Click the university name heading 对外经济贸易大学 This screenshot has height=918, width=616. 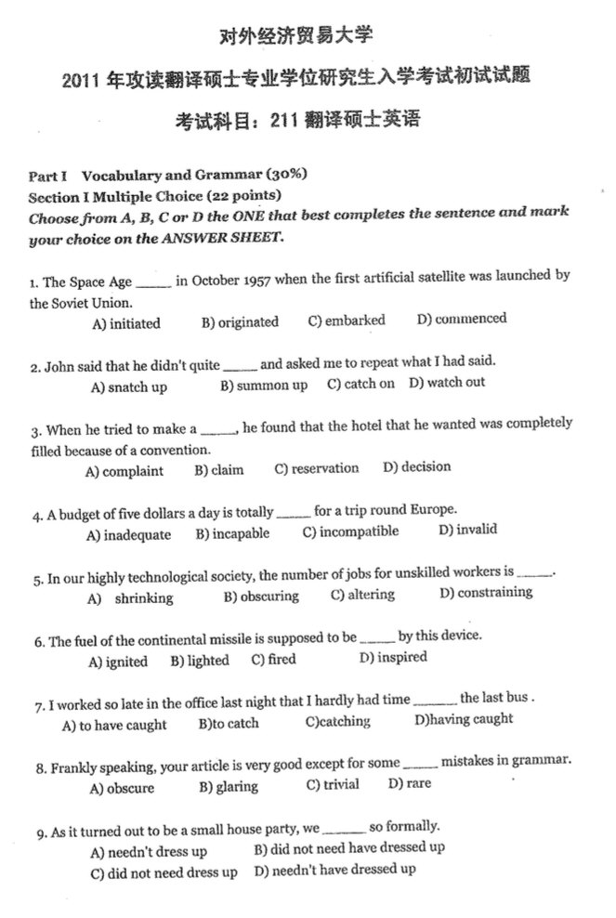(295, 38)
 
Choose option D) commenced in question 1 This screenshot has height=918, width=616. (462, 320)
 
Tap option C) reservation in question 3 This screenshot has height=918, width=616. (317, 468)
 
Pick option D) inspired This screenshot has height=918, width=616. (393, 658)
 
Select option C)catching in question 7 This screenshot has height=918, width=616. (338, 722)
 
